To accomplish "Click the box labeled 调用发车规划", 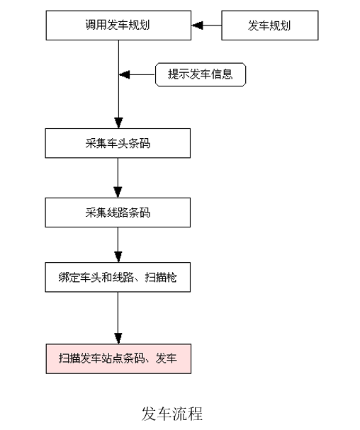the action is coord(118,26).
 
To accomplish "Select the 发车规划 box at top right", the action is coord(270,26).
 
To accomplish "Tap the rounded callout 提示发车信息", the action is coord(201,74).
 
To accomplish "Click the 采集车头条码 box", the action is coord(118,143).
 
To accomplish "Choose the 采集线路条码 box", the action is coord(118,213).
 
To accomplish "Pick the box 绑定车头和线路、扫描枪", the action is coord(118,277).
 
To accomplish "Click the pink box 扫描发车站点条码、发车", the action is coord(118,358).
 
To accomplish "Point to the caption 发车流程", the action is coord(172,414).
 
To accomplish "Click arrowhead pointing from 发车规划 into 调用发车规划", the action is coord(197,26).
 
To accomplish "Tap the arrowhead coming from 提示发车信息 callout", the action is coord(124,74).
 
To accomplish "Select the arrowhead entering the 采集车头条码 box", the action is coord(118,123).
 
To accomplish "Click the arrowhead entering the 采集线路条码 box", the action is coord(118,193).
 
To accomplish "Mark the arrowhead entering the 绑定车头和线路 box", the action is coord(118,257).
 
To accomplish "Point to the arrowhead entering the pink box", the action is coord(118,339).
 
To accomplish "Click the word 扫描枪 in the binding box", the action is coord(161,278).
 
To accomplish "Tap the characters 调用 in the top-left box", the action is coord(96,25).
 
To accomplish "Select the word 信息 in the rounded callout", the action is coord(222,74).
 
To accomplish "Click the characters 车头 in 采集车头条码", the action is coord(118,143).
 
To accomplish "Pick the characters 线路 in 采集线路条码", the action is coord(118,213).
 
